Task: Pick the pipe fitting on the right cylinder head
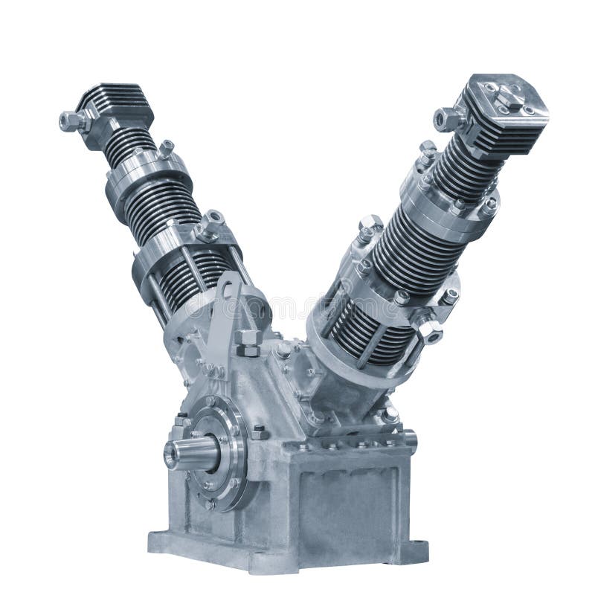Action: [x=446, y=118]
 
